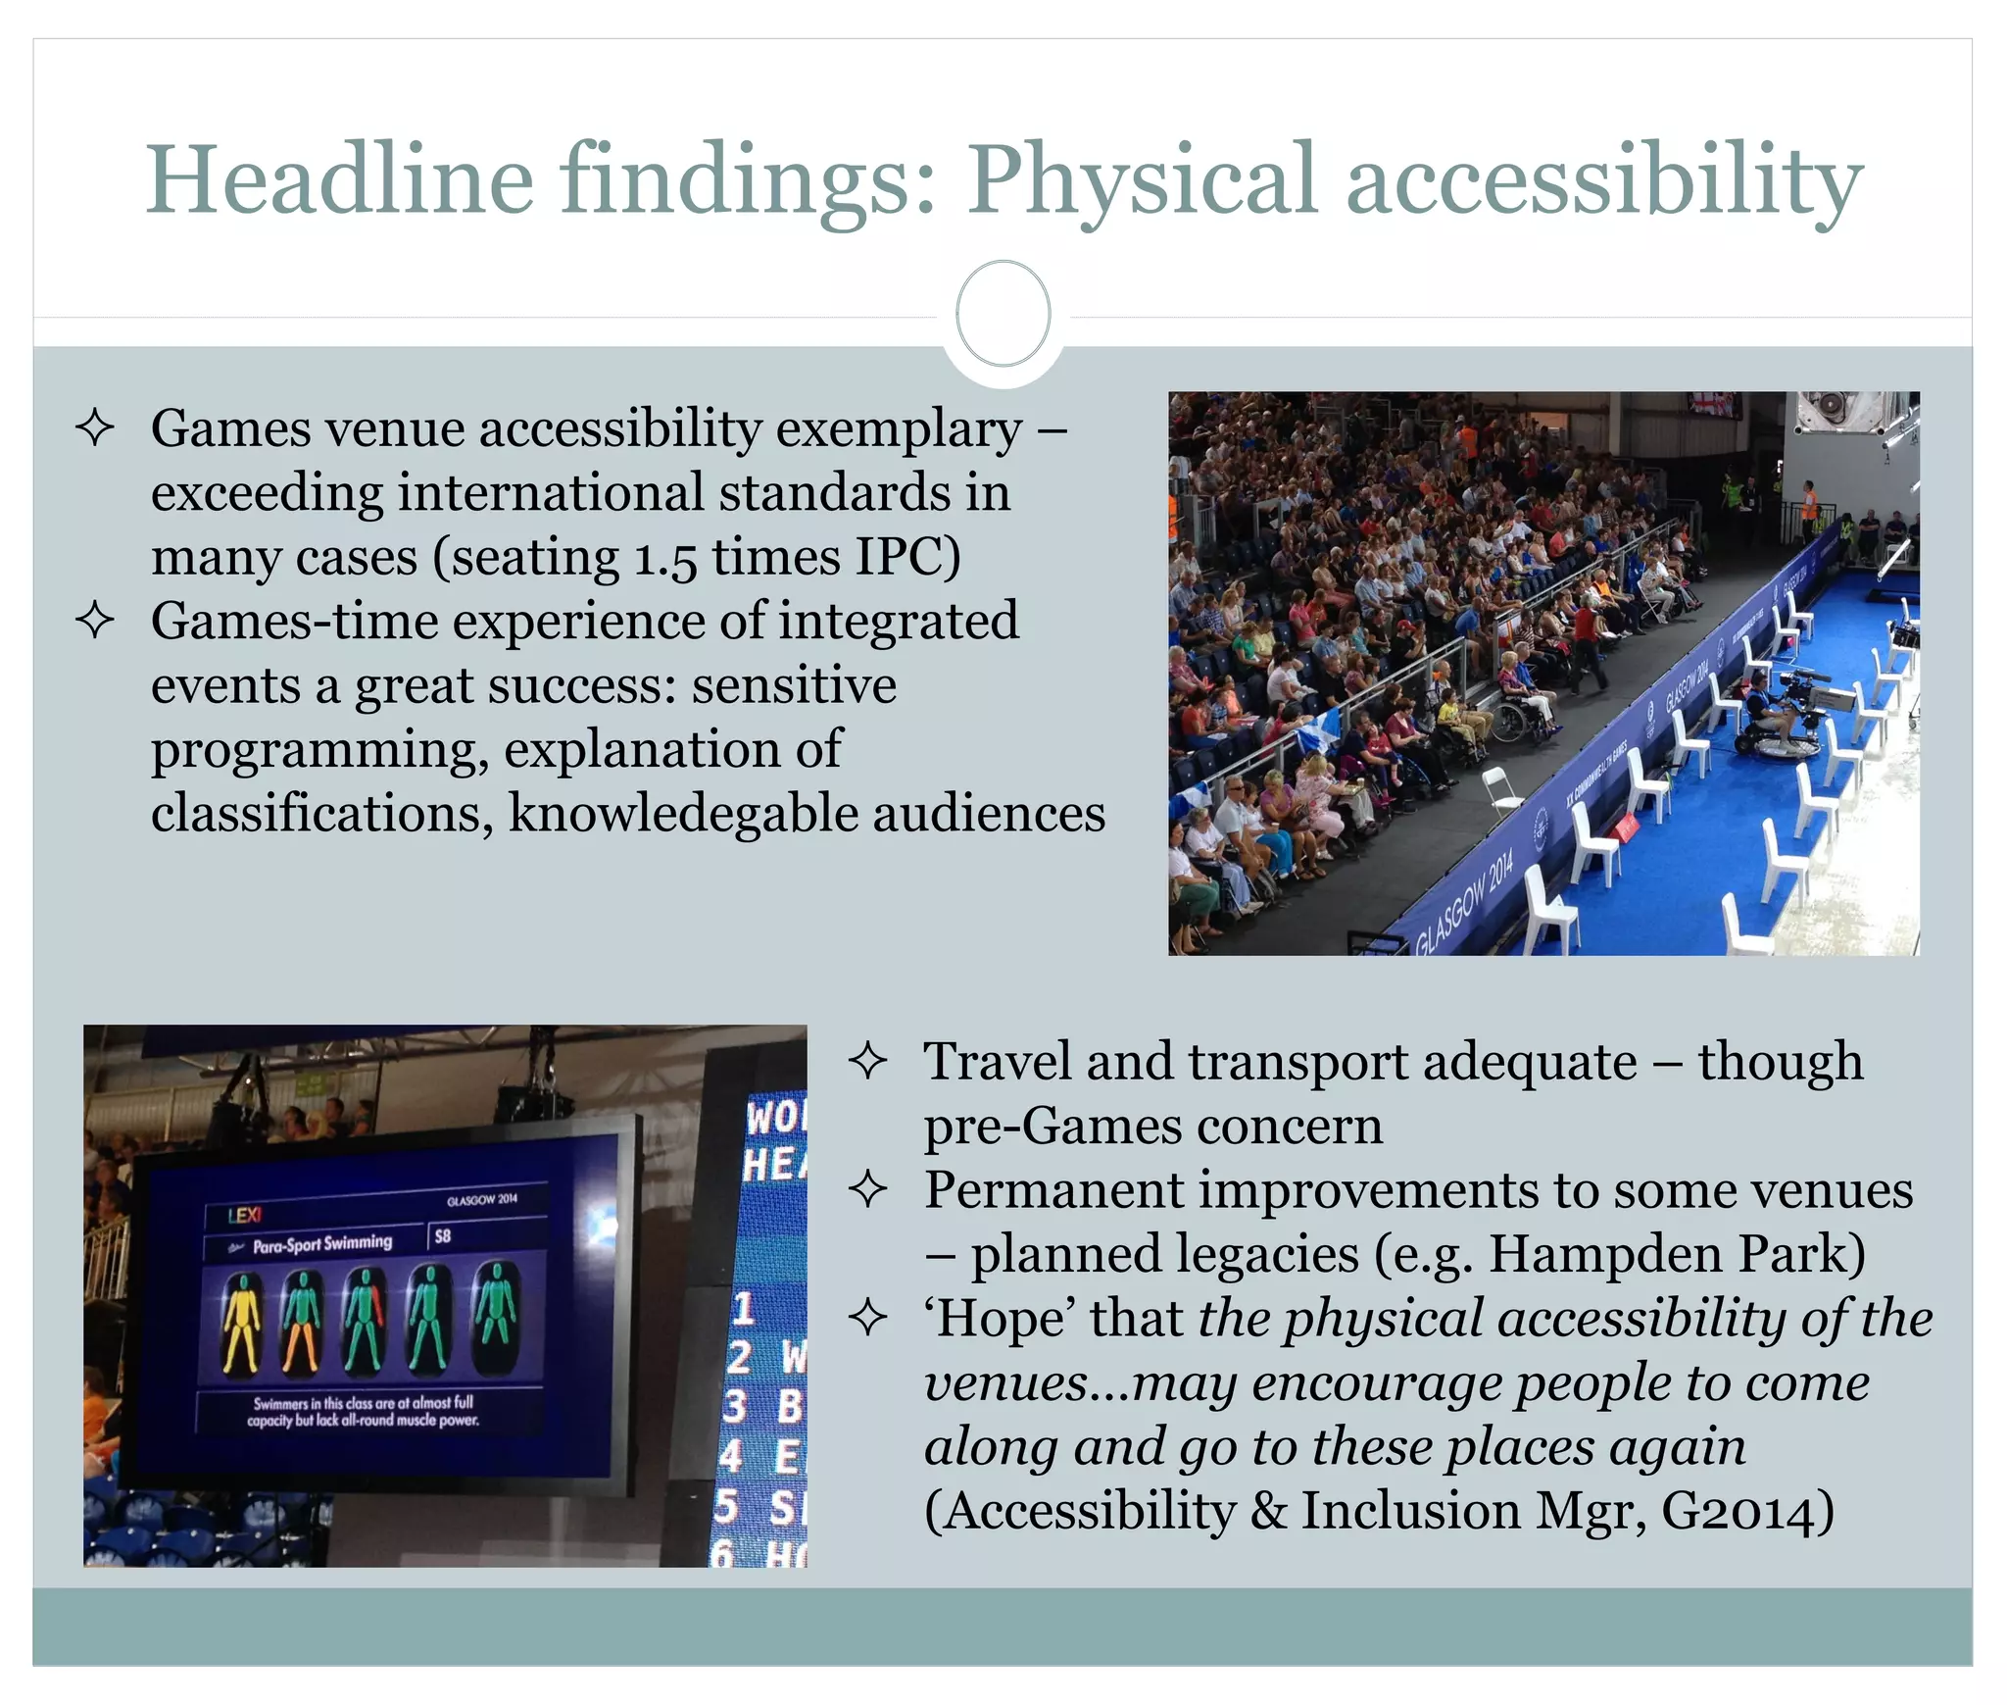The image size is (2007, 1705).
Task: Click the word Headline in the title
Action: point(339,180)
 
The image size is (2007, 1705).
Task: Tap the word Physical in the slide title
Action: point(1143,180)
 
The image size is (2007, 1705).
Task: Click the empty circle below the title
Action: point(1003,314)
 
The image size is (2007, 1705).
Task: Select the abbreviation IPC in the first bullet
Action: point(907,557)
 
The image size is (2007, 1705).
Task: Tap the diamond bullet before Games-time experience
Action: point(95,621)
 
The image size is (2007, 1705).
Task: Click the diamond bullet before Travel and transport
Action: point(868,1061)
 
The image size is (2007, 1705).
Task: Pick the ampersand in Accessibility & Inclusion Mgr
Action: point(1268,1511)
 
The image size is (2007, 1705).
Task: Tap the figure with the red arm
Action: point(365,1321)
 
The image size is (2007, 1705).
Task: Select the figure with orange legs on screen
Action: point(302,1321)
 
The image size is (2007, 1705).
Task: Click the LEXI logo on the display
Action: point(244,1215)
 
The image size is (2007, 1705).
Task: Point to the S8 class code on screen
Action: point(443,1236)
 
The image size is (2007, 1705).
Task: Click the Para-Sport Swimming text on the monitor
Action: point(321,1244)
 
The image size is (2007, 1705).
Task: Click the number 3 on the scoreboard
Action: point(735,1406)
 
